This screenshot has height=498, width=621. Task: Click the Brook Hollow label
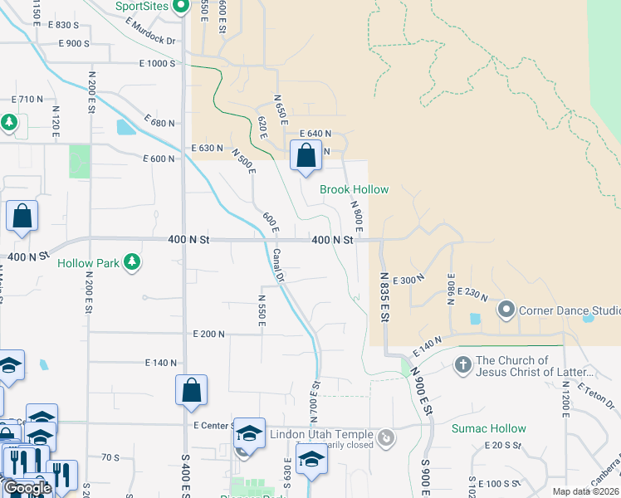[355, 189]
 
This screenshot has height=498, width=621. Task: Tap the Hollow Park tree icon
[131, 263]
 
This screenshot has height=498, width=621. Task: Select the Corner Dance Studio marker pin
[506, 310]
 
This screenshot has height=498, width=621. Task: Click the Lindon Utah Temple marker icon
[385, 436]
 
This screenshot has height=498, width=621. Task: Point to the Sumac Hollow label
[488, 428]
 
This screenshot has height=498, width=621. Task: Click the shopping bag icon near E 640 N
[306, 155]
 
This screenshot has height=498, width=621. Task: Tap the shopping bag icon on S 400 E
[191, 391]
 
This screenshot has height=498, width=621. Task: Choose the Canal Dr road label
[280, 266]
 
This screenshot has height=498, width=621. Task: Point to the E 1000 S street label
[157, 63]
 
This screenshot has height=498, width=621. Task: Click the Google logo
[27, 488]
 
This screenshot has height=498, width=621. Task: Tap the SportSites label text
[140, 6]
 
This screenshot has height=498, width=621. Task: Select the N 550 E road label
[261, 309]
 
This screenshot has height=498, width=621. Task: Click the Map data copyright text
[585, 491]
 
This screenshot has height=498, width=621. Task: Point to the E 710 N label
[27, 100]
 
